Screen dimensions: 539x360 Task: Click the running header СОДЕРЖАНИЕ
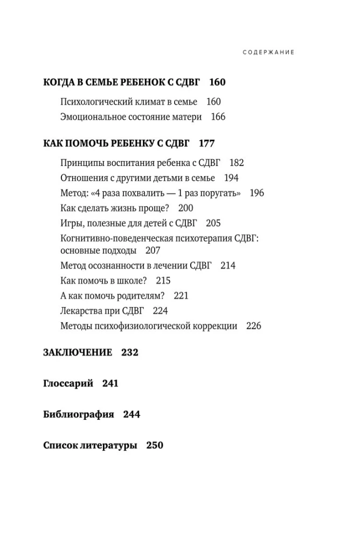tap(268, 52)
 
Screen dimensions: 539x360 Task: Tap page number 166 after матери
tap(218, 117)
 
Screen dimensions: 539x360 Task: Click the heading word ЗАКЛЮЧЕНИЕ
tap(77, 353)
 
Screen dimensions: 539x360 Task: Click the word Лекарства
tap(79, 310)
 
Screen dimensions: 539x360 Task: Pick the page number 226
tap(253, 326)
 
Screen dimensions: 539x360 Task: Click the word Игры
tap(69, 223)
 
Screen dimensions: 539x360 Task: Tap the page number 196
tap(257, 193)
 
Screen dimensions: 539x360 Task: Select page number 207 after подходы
tap(153, 251)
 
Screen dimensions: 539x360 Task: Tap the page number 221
tap(181, 296)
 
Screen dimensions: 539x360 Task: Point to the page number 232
tap(130, 353)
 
